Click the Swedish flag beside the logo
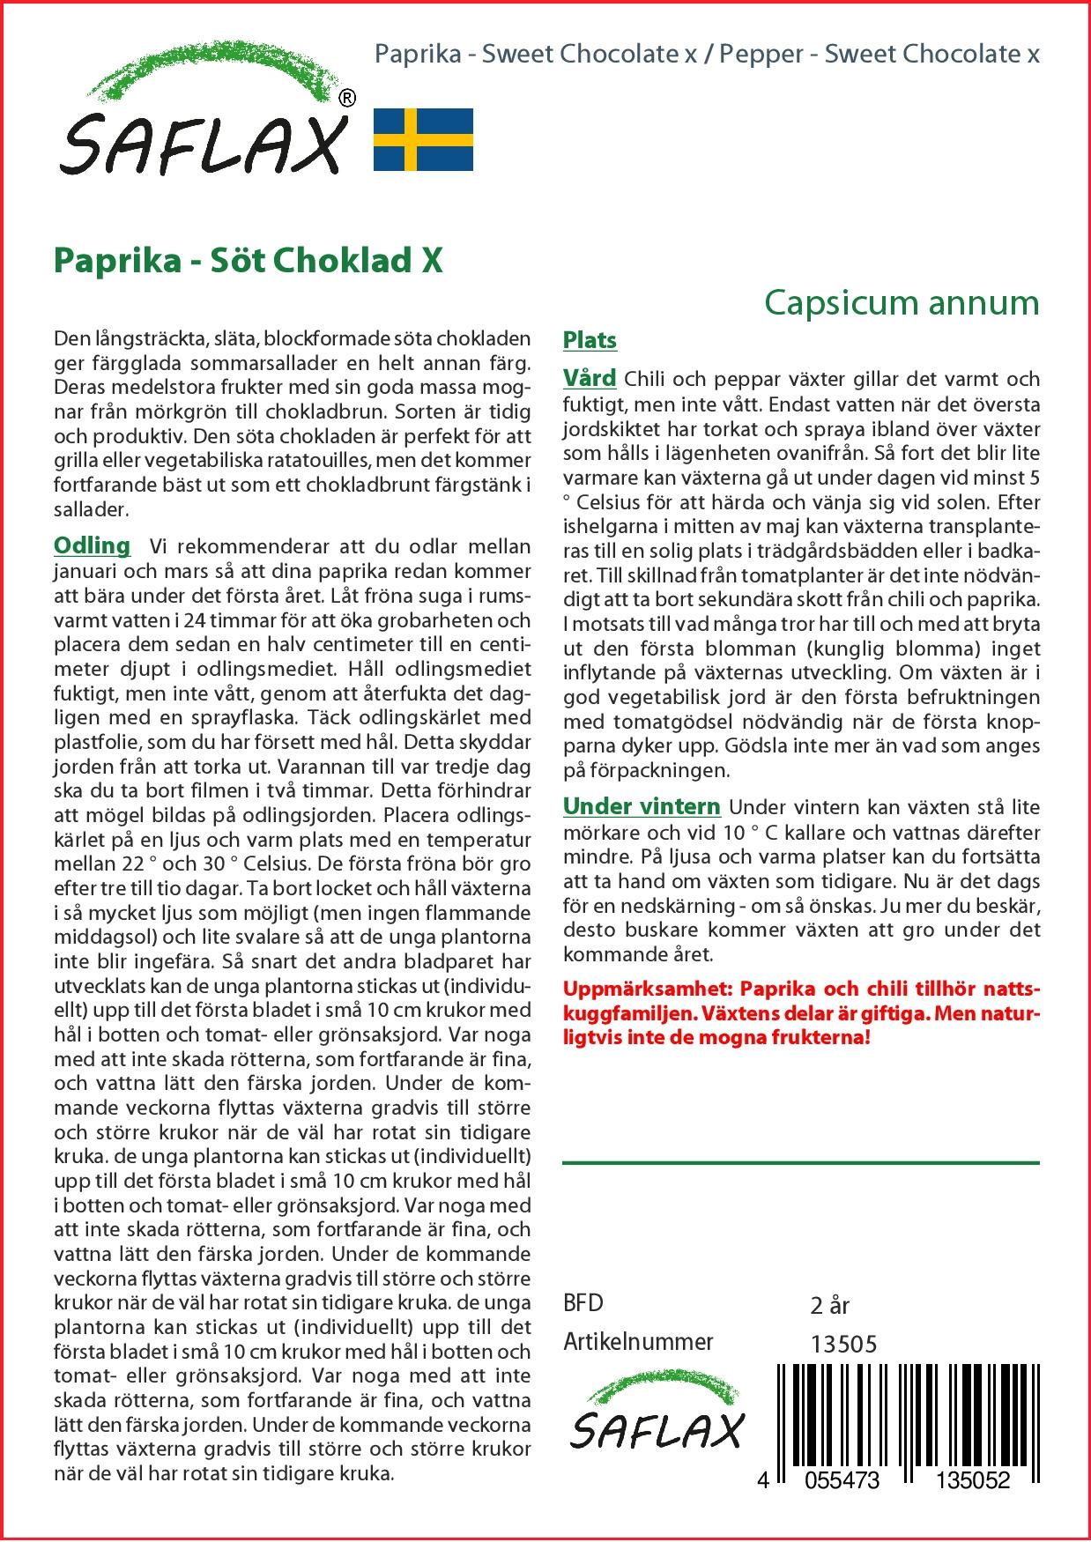pyautogui.click(x=423, y=139)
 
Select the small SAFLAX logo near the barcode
pyautogui.click(x=656, y=1417)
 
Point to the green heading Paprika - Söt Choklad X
pyautogui.click(x=249, y=261)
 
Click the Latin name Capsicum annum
pyautogui.click(x=902, y=302)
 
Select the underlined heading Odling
pyautogui.click(x=92, y=545)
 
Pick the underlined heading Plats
pyautogui.click(x=590, y=340)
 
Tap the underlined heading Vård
pyautogui.click(x=590, y=379)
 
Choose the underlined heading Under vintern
pyautogui.click(x=642, y=806)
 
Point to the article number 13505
pyautogui.click(x=843, y=1344)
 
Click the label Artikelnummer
pyautogui.click(x=638, y=1342)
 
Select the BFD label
pyautogui.click(x=583, y=1303)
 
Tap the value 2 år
pyautogui.click(x=829, y=1305)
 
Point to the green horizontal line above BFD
pyautogui.click(x=800, y=1163)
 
